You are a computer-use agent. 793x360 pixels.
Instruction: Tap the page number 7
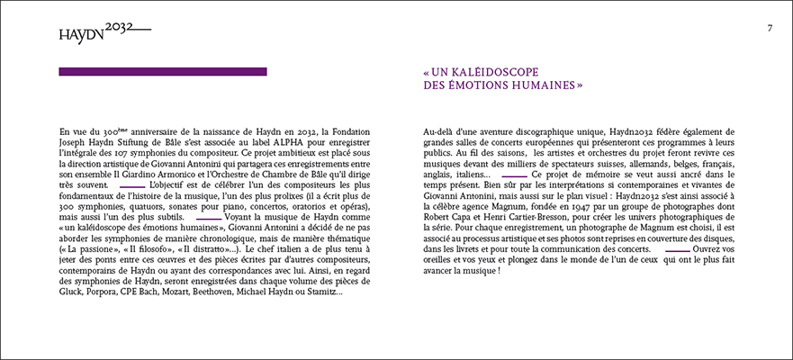(770, 28)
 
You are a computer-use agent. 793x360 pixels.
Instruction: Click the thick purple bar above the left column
(162, 72)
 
